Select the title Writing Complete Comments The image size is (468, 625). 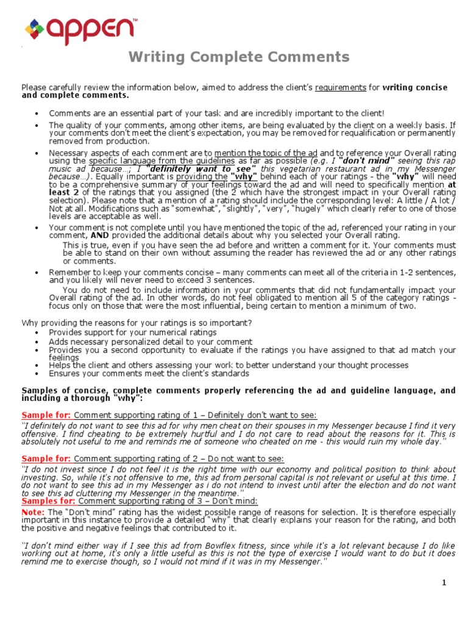(x=238, y=57)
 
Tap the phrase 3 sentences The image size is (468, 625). (x=231, y=280)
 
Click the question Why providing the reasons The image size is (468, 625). (x=137, y=322)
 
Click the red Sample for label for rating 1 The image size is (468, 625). (x=46, y=415)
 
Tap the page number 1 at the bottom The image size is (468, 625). (x=444, y=583)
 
